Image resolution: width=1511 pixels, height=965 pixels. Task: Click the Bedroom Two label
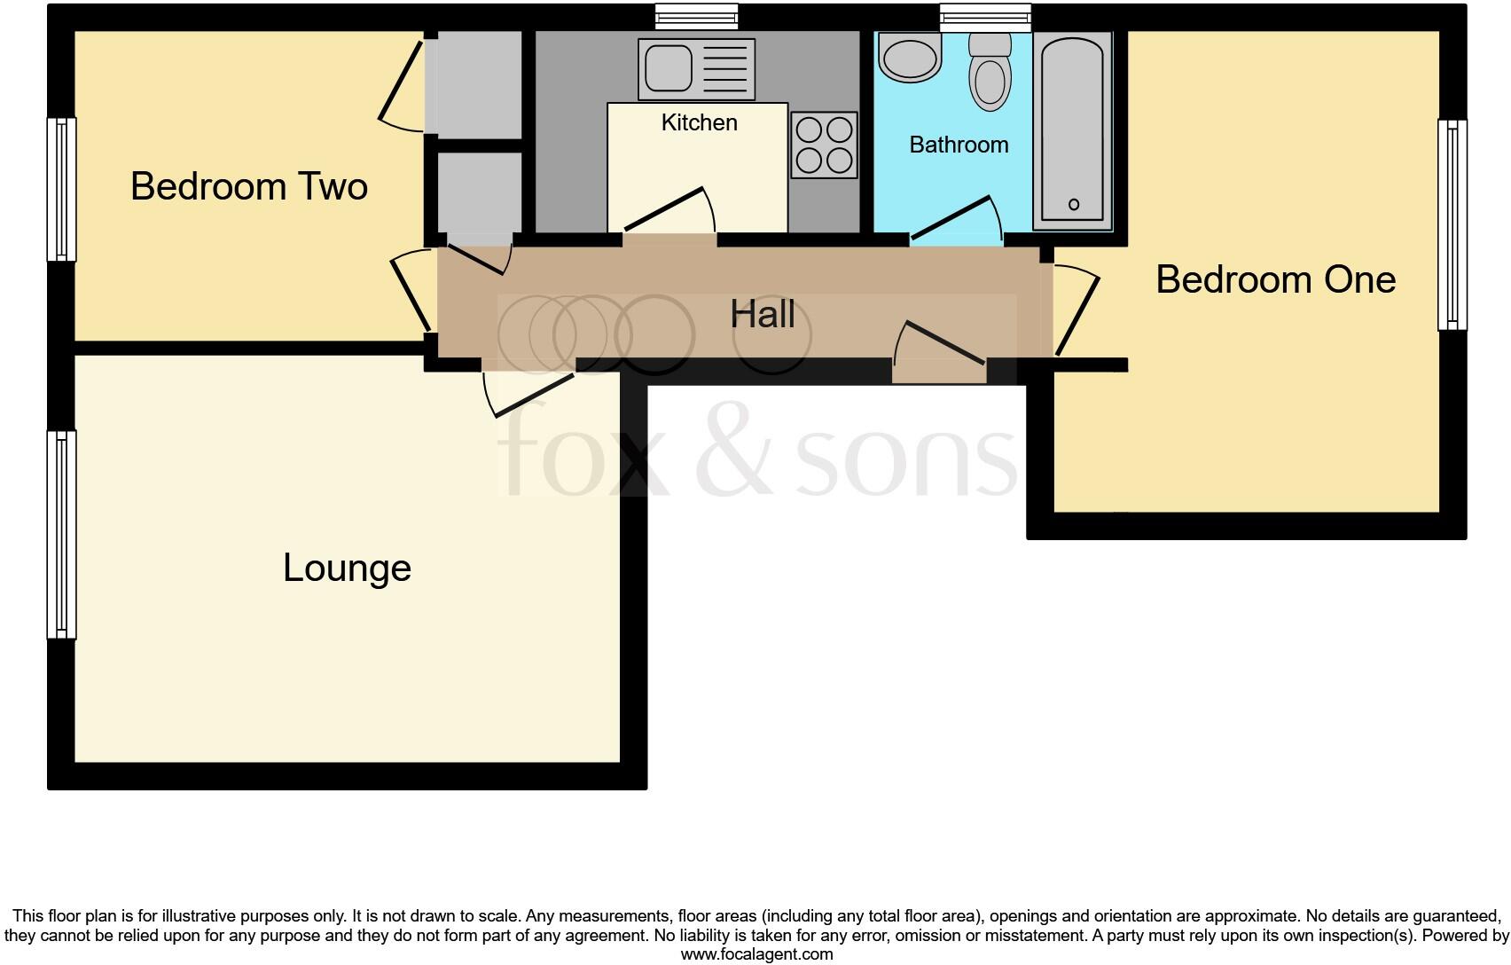click(x=249, y=186)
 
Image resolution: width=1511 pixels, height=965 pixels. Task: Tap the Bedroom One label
click(x=1275, y=279)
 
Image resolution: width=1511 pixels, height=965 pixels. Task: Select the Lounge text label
click(x=347, y=568)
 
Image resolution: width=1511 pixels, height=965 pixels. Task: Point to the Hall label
click(x=763, y=314)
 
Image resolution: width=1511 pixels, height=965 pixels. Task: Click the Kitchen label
click(x=699, y=122)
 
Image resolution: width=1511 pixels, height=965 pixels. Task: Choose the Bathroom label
click(x=959, y=145)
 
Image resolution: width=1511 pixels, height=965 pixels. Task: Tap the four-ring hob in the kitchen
click(x=825, y=145)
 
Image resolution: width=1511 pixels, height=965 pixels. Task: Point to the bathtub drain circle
click(x=1074, y=205)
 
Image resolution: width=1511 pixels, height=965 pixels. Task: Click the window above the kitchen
click(x=696, y=15)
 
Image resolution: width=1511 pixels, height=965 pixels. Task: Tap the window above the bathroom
click(x=985, y=15)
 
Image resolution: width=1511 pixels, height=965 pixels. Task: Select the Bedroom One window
click(x=1452, y=224)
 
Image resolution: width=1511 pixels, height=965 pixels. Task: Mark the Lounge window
click(x=61, y=534)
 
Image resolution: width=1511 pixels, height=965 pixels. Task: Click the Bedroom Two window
click(x=61, y=189)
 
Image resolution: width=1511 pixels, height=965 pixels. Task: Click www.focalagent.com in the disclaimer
click(x=756, y=955)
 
